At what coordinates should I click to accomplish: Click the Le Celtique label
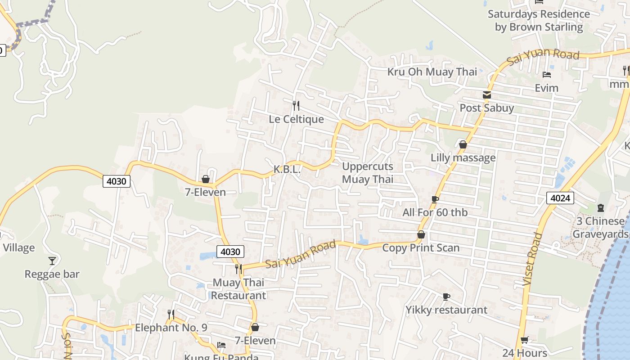(x=296, y=119)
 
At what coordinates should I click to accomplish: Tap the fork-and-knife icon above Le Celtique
(x=296, y=106)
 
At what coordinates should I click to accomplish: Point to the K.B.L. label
(x=287, y=170)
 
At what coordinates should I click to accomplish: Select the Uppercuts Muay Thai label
(x=368, y=173)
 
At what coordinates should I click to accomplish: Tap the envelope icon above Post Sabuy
(x=487, y=95)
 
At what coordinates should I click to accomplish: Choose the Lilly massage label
(x=463, y=158)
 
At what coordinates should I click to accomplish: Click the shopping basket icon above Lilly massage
(x=463, y=144)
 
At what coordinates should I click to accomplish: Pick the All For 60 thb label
(x=435, y=212)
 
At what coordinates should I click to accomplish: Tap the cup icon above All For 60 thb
(x=435, y=199)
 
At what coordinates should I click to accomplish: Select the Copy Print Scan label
(x=421, y=248)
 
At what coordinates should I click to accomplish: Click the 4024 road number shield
(x=560, y=198)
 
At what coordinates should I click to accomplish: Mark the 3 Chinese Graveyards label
(x=600, y=228)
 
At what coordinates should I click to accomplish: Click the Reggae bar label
(x=52, y=274)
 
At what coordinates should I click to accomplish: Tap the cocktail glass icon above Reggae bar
(x=52, y=261)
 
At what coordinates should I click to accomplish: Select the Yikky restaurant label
(x=446, y=310)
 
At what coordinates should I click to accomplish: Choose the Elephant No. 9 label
(x=171, y=328)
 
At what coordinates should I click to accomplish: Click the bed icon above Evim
(x=547, y=74)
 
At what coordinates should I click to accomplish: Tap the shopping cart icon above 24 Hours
(x=524, y=340)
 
